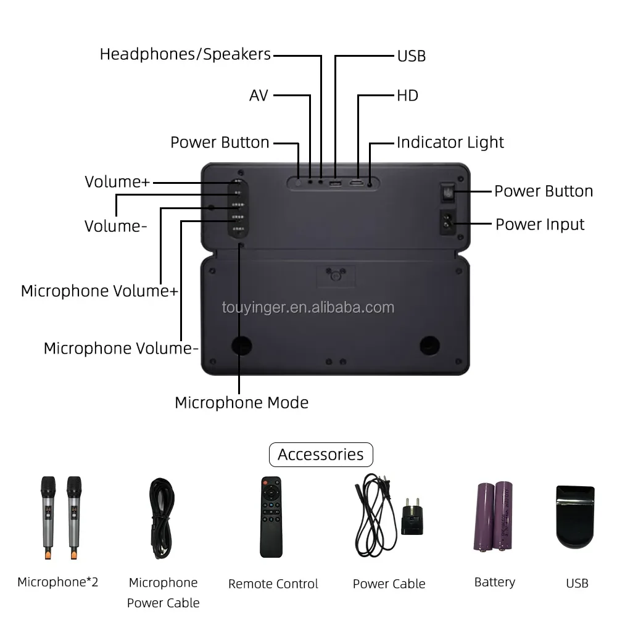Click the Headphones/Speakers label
[185, 54]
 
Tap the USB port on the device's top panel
[335, 183]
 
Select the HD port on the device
[357, 183]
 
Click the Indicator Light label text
[450, 143]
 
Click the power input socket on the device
[448, 223]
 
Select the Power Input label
[540, 224]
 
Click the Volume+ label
[117, 182]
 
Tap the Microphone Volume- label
[121, 349]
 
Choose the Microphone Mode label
[241, 403]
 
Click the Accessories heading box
[321, 455]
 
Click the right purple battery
[504, 516]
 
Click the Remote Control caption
[273, 584]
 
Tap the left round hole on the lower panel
[242, 346]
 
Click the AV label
[259, 96]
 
